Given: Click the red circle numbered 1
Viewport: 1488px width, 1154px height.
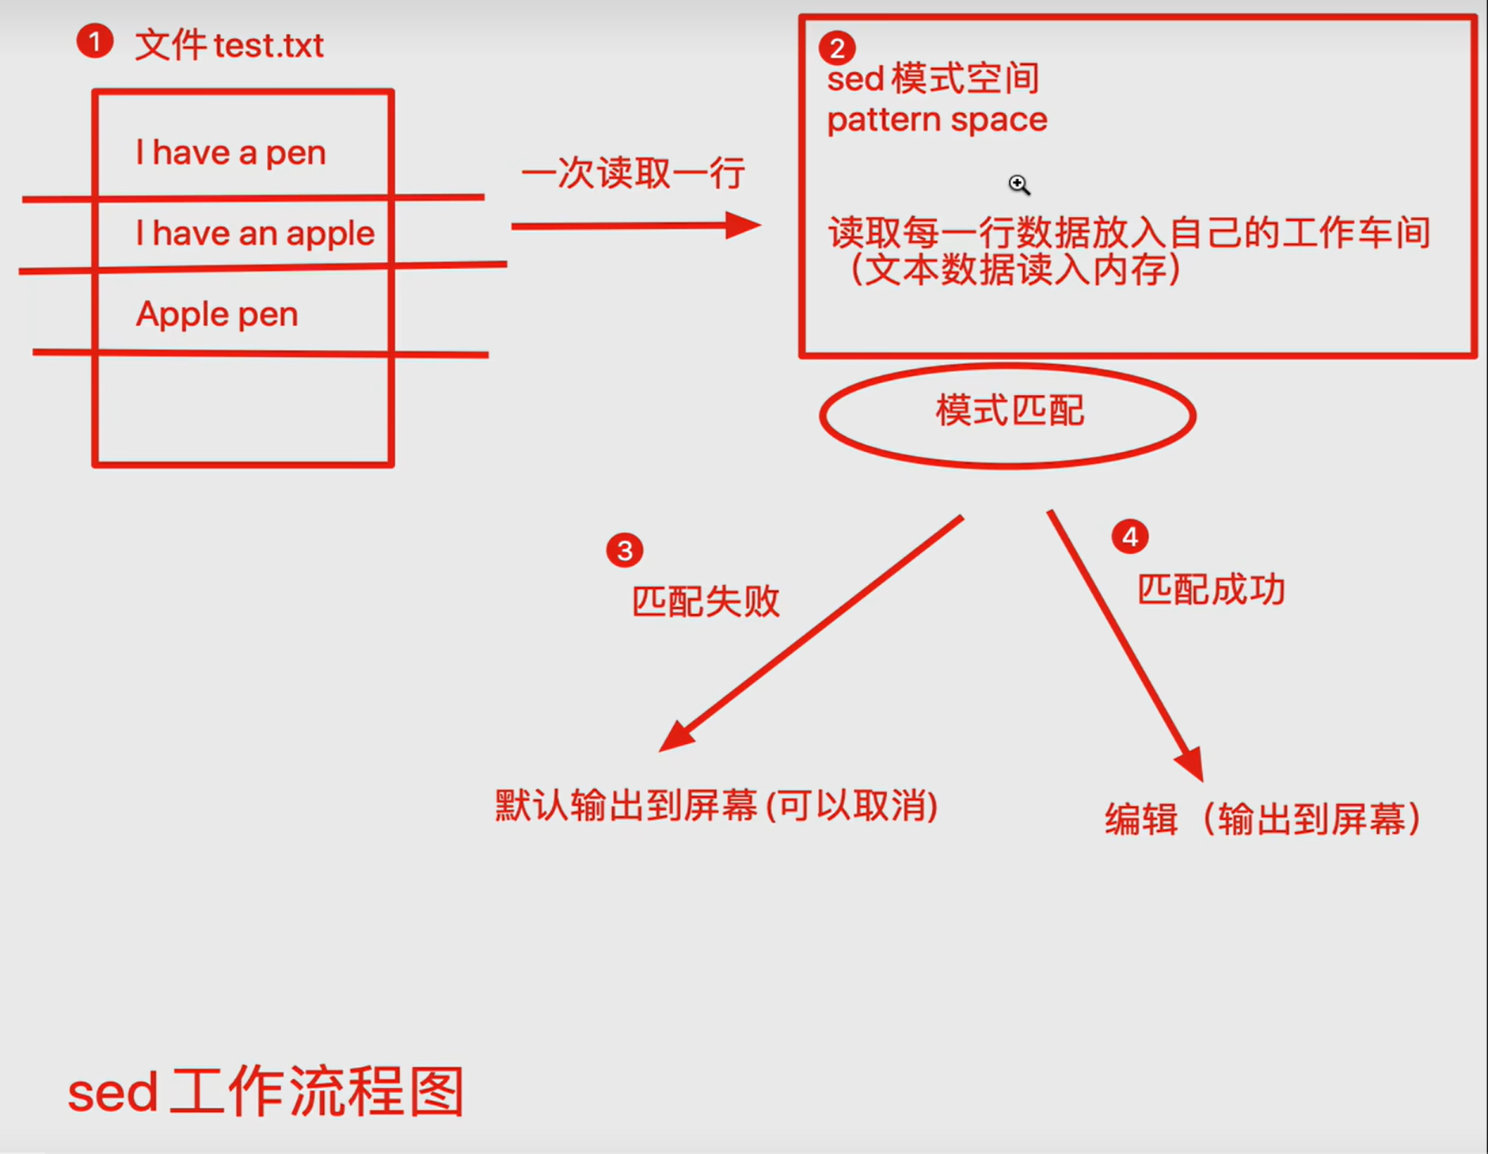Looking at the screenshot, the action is point(94,41).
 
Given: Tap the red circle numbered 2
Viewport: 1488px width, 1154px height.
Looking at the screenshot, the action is point(836,48).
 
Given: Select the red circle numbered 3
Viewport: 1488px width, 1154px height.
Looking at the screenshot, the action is point(624,550).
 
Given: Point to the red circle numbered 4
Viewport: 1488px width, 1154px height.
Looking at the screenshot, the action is point(1129,537).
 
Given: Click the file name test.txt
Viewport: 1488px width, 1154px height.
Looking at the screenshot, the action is point(268,46).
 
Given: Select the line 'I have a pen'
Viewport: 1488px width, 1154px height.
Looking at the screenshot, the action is point(230,152).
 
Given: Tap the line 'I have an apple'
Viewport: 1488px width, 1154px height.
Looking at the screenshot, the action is point(254,233).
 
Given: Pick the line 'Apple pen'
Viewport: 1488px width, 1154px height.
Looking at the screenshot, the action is point(217,314).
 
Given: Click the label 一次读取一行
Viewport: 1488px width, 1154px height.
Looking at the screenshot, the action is point(633,173).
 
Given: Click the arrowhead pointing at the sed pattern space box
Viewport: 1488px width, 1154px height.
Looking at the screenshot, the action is point(743,226).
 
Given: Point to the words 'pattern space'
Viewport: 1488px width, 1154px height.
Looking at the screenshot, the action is point(937,120).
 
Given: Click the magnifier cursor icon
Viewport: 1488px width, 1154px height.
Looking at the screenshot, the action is point(1018,184).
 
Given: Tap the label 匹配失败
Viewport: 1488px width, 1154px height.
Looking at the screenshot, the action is point(705,602).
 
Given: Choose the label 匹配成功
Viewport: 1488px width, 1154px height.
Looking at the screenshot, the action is point(1210,590).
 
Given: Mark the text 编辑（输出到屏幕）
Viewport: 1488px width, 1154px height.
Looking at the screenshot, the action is point(1262,819).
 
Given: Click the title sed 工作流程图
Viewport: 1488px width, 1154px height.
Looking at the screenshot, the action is point(266,1092).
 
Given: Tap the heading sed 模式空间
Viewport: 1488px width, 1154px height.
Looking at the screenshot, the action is point(932,78).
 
